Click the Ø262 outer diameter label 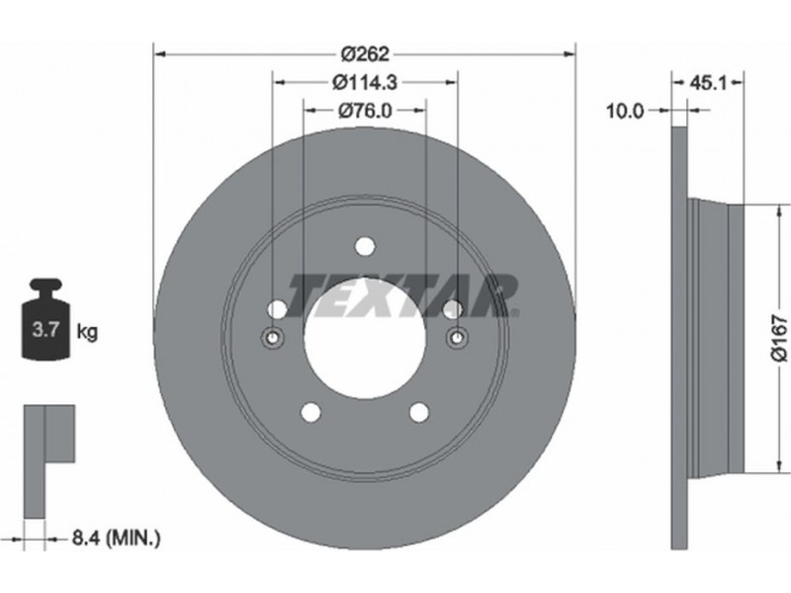click(x=365, y=53)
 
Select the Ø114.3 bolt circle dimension click(x=365, y=82)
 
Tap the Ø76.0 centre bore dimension click(x=365, y=111)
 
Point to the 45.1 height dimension click(x=708, y=83)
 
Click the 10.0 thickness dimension click(x=625, y=111)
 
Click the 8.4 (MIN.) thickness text click(x=116, y=538)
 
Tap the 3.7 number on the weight click(x=45, y=331)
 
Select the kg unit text click(x=87, y=332)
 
